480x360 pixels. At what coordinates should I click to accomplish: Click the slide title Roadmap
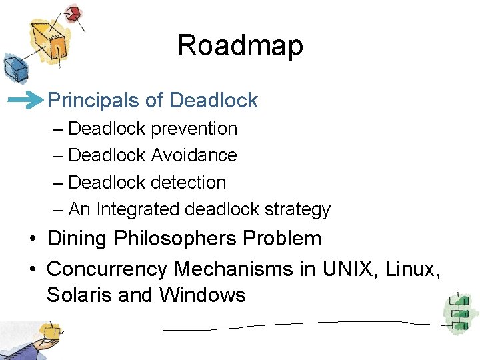pos(240,46)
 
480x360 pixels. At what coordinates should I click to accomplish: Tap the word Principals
pos(94,101)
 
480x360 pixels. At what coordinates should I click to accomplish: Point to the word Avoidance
pos(194,155)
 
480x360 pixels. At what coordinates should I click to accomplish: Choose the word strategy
pos(297,210)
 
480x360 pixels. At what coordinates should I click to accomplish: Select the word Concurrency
pos(107,269)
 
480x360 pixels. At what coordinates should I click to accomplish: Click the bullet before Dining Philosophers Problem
pos(32,239)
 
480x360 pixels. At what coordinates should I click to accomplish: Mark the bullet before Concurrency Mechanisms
pos(32,269)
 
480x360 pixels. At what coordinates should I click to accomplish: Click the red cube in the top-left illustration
pos(73,13)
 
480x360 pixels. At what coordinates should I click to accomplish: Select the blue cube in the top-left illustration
pos(13,67)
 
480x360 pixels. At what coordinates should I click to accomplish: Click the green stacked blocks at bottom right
pos(458,311)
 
